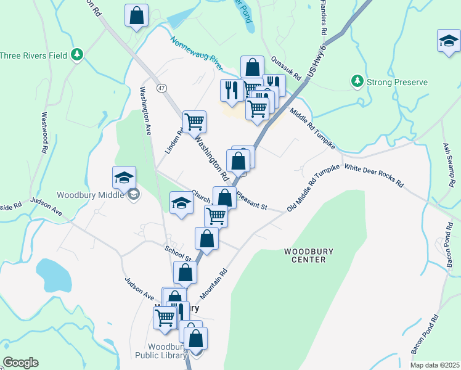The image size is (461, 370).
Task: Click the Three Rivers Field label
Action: pyautogui.click(x=34, y=55)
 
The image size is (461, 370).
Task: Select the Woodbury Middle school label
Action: pyautogui.click(x=92, y=195)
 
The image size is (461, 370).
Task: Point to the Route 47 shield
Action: pyautogui.click(x=161, y=89)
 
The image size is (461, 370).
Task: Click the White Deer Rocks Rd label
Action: pyautogui.click(x=373, y=175)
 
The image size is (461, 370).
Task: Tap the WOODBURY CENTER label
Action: pyautogui.click(x=304, y=255)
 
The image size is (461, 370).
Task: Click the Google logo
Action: pyautogui.click(x=20, y=363)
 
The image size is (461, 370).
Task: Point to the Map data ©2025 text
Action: pyautogui.click(x=435, y=365)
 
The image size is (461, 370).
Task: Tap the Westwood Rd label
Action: pyautogui.click(x=44, y=132)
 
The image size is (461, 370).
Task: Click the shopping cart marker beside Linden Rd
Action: pyautogui.click(x=194, y=121)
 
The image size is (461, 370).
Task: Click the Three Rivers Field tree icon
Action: pyautogui.click(x=77, y=55)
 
